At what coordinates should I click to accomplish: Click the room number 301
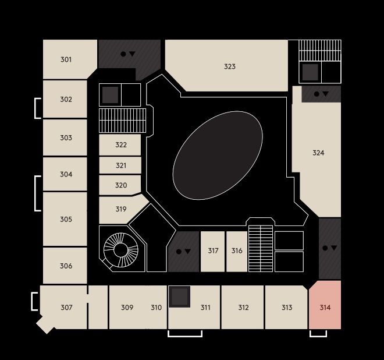click(x=66, y=59)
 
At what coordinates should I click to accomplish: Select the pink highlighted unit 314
click(x=325, y=305)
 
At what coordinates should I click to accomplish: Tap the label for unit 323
click(x=230, y=66)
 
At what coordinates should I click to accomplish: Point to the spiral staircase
click(x=121, y=250)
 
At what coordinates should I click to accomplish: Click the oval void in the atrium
click(x=218, y=155)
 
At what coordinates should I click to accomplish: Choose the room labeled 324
click(x=318, y=153)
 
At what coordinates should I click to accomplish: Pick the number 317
click(x=213, y=250)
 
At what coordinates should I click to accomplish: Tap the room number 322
click(x=121, y=144)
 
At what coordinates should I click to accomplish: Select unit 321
click(x=121, y=165)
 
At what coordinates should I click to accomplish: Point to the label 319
click(x=121, y=209)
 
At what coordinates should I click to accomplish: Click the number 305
click(x=66, y=219)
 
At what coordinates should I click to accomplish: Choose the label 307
click(x=66, y=307)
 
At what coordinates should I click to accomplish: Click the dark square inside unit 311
click(x=180, y=297)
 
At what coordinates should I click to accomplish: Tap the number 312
click(x=243, y=307)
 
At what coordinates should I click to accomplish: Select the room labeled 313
click(x=287, y=307)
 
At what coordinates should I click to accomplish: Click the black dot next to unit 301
click(x=123, y=54)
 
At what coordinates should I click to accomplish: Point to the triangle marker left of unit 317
click(x=188, y=251)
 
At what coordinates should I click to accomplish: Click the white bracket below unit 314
click(x=318, y=336)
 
